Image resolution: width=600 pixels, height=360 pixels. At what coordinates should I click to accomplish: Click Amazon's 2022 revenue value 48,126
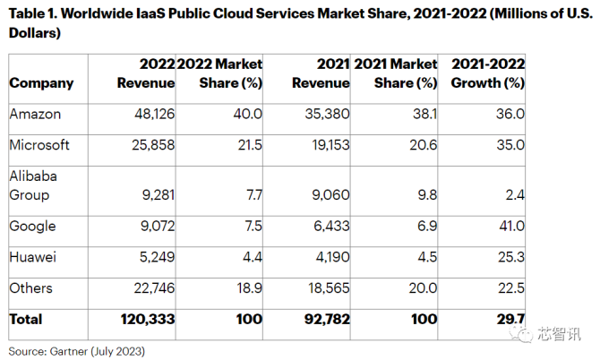coord(155,114)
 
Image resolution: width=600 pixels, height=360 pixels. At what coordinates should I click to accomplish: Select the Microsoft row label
coord(39,145)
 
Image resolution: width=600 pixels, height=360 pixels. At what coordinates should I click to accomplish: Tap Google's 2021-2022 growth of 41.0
coord(511,226)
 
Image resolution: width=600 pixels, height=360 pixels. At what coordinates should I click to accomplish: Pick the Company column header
coord(41,83)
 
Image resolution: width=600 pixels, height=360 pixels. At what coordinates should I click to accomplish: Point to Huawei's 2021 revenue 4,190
coord(332,257)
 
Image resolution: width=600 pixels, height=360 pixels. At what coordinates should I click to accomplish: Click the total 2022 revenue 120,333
coord(148,319)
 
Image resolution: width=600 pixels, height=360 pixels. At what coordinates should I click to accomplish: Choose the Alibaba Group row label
coord(33,185)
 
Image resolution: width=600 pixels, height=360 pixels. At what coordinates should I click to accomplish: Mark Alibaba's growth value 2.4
coord(515,195)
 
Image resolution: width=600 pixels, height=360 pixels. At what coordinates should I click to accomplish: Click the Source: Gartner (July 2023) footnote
coord(76,351)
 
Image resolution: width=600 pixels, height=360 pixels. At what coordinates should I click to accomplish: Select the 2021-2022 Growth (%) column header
coord(488,73)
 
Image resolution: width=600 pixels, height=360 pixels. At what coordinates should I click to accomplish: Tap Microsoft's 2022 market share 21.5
coord(250,145)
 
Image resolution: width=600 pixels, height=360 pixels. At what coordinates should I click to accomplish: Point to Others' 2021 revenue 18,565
coord(329,288)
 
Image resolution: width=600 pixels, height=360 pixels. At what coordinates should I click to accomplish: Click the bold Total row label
coord(26,319)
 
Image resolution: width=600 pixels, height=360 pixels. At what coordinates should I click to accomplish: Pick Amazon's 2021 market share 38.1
coord(424,114)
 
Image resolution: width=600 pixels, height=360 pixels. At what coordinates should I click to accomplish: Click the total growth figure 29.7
coord(510,319)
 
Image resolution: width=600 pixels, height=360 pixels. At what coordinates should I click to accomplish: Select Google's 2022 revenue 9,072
coord(158,226)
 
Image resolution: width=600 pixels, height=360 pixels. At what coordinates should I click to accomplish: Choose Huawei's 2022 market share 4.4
coord(253,257)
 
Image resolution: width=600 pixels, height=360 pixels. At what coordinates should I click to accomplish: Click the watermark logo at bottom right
coord(521,334)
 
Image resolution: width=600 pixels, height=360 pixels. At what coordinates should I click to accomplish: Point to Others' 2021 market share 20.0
coord(423,288)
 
